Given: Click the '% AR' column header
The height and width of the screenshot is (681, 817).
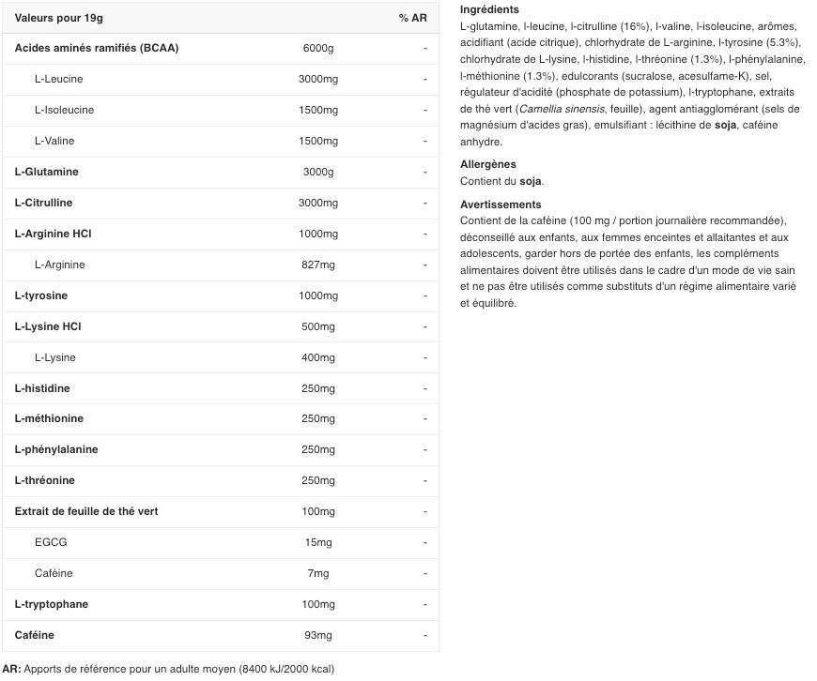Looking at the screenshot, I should click(412, 18).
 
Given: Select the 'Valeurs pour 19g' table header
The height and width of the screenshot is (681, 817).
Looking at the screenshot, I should click(58, 18).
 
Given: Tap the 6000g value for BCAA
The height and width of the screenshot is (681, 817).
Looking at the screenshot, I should click(318, 48).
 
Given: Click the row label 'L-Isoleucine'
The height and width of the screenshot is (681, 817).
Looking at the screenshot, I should click(64, 110).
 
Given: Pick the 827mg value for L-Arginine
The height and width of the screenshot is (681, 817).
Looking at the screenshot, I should click(318, 265).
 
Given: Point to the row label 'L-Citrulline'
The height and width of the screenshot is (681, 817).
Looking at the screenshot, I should click(43, 203).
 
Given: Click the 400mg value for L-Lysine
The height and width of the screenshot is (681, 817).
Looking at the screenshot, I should click(318, 357).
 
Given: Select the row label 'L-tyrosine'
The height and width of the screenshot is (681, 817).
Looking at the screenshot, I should click(41, 295).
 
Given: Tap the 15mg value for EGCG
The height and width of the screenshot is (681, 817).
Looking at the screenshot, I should click(318, 542).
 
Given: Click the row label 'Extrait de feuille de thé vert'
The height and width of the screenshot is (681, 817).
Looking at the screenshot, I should click(86, 511).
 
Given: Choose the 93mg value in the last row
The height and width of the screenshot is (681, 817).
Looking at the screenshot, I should click(318, 635).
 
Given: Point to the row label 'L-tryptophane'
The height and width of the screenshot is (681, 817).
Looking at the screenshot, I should click(52, 604).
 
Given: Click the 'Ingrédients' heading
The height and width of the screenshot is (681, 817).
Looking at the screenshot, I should click(489, 9).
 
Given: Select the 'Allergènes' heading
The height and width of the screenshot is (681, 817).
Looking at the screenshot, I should click(488, 164).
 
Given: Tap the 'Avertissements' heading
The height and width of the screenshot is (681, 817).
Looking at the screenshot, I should click(501, 204).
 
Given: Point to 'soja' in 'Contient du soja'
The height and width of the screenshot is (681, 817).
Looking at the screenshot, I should click(531, 181).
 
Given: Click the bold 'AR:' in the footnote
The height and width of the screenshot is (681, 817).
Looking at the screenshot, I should click(11, 669).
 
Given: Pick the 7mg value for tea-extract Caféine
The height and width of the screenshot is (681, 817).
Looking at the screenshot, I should click(318, 573).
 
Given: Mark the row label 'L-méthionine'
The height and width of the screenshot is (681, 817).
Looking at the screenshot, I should click(49, 418).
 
